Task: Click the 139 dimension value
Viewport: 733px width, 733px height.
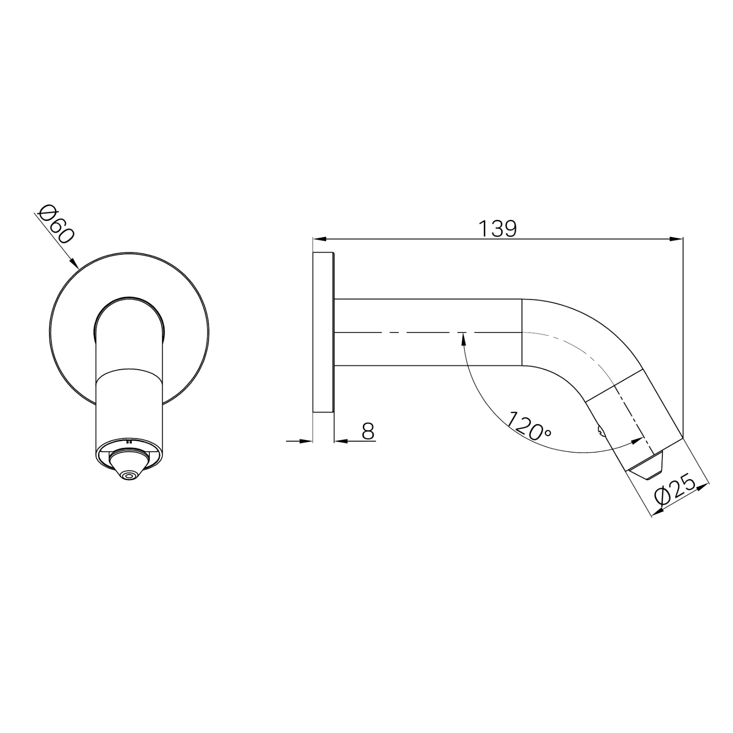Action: (498, 229)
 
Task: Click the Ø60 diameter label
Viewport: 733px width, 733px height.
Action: (56, 224)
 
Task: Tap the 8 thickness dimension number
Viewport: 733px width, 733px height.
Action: (368, 431)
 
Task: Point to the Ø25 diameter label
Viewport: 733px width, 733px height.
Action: (675, 491)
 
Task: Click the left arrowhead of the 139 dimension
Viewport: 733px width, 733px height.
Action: (318, 239)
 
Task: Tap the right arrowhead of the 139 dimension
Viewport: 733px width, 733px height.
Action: (677, 239)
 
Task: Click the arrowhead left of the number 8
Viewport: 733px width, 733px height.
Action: (340, 441)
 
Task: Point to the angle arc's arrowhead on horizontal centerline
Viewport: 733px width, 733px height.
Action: (463, 338)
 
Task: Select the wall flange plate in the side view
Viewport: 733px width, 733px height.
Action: (323, 333)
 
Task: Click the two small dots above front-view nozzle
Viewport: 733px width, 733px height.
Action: (129, 442)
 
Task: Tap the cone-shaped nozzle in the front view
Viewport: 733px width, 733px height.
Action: (129, 465)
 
